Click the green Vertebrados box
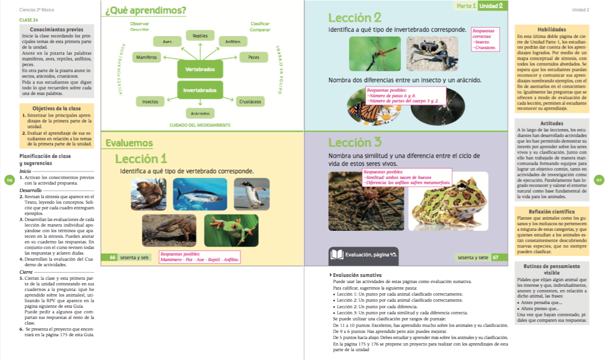200,69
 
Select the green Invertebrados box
200,90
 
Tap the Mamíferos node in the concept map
147,57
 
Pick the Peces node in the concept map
254,57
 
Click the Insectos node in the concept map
150,101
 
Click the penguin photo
252,194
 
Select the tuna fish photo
200,194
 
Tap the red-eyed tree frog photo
231,230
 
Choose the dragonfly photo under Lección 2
375,53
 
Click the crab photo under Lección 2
425,53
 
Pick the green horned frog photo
448,201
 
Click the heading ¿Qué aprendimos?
145,10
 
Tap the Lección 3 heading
355,142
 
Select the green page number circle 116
9,180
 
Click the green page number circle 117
599,180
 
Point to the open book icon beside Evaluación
337,255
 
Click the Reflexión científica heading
552,212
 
